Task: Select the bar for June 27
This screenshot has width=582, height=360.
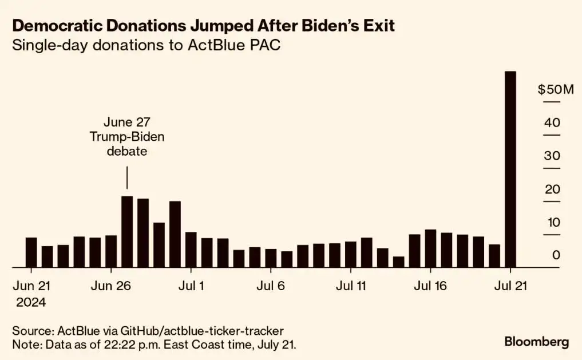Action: [127, 232]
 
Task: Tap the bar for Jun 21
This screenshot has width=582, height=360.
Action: [31, 252]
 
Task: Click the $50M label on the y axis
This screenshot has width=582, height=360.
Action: [555, 90]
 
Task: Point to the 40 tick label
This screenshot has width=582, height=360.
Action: [552, 123]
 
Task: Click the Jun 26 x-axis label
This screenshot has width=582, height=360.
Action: [111, 284]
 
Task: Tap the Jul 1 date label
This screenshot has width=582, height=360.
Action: [191, 284]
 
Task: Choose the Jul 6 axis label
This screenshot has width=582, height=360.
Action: [271, 284]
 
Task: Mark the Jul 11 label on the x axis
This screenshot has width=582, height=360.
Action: [350, 284]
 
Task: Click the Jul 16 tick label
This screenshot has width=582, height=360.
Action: [430, 284]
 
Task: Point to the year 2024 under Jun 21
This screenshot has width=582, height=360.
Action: [31, 302]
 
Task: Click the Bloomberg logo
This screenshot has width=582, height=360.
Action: [536, 342]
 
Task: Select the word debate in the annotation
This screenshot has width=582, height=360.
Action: [126, 152]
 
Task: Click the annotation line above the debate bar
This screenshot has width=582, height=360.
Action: [127, 177]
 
